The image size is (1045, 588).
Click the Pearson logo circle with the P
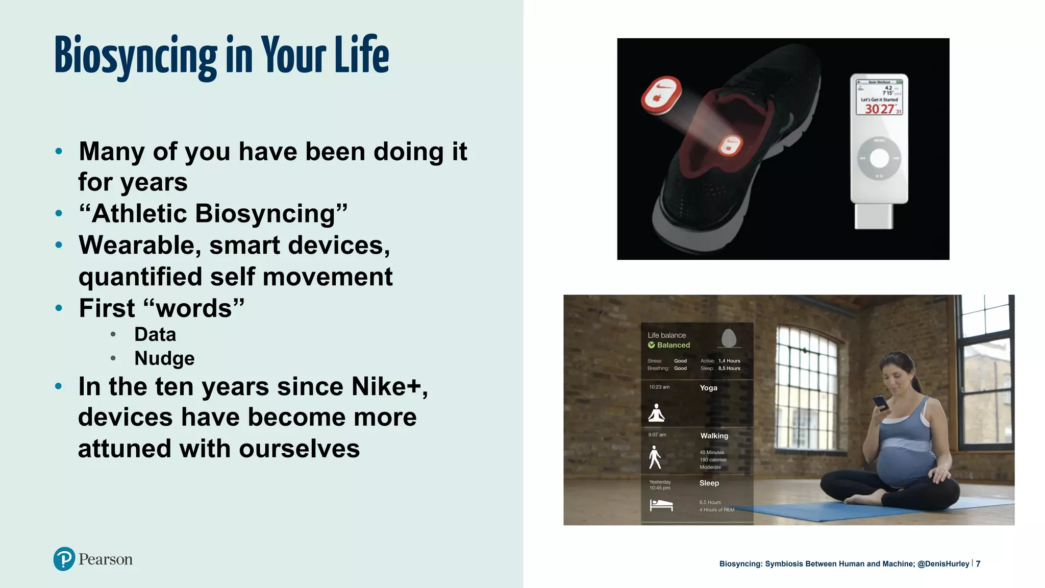(x=64, y=559)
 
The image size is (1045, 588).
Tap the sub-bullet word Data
(x=155, y=335)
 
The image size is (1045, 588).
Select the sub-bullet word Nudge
(x=164, y=358)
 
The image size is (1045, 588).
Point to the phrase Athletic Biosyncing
(x=213, y=213)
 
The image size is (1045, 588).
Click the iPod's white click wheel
(x=879, y=158)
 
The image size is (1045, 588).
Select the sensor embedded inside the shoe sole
(x=730, y=146)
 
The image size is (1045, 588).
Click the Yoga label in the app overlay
(x=708, y=388)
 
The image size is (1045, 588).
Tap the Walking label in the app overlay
(x=714, y=436)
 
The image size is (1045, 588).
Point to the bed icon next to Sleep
(x=661, y=505)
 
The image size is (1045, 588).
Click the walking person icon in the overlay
(x=655, y=457)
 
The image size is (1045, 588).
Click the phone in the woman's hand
(x=881, y=403)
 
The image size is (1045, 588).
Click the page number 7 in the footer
(x=978, y=563)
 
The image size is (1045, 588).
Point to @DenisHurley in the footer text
(x=943, y=563)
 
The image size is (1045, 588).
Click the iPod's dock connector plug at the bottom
(x=874, y=216)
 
